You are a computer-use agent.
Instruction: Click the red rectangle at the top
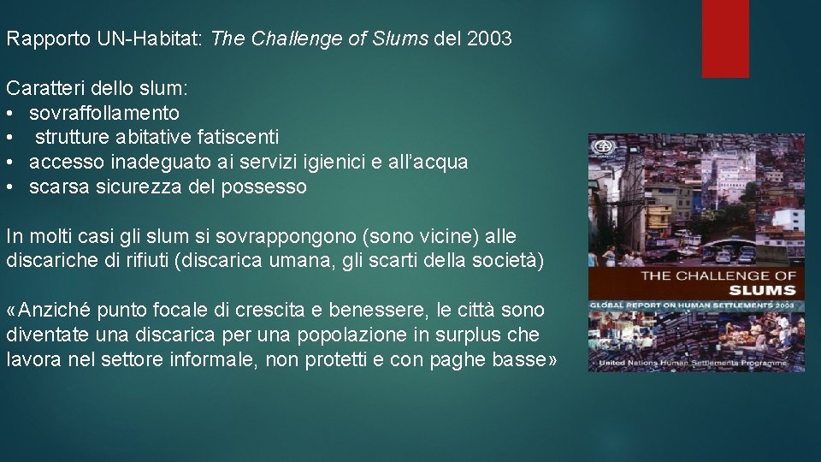pos(725,38)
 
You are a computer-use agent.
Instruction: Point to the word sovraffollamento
pos(104,113)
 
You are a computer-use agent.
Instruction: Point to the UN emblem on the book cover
pos(604,147)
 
